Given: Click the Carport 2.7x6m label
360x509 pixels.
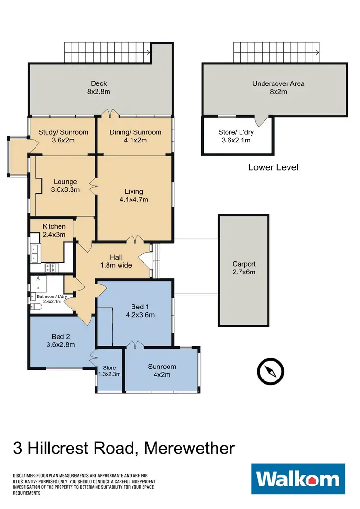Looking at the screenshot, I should pos(244,268).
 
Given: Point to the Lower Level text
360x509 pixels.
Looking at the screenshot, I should pos(273,167).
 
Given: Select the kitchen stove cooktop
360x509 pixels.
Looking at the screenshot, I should pos(51,268).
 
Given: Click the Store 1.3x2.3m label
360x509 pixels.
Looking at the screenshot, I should pos(109,371).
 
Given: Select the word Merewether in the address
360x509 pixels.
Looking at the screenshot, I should pos(190,449).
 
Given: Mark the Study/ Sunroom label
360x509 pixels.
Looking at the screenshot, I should pos(63,136).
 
